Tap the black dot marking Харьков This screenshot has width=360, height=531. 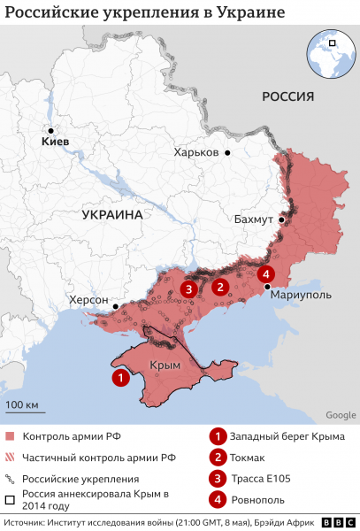pyautogui.click(x=227, y=153)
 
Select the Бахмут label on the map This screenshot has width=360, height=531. pyautogui.click(x=253, y=219)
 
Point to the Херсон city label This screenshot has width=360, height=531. pyautogui.click(x=88, y=300)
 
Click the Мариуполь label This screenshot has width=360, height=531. pyautogui.click(x=301, y=294)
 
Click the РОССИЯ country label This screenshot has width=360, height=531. pyautogui.click(x=288, y=96)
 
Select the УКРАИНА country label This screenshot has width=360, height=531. pyautogui.click(x=112, y=215)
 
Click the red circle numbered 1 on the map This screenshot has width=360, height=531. pyautogui.click(x=119, y=377)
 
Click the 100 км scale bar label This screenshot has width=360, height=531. pyautogui.click(x=25, y=406)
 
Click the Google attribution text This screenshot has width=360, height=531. pyautogui.click(x=341, y=415)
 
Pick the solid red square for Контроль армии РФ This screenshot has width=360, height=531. pyautogui.click(x=10, y=436)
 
